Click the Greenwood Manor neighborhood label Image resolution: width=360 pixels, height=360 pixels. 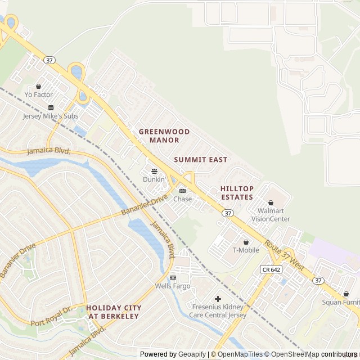coord(164,136)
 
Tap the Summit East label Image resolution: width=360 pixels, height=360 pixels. coord(201,160)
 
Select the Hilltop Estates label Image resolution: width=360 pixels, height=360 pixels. coord(237,193)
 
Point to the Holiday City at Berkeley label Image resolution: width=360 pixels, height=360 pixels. coord(114,312)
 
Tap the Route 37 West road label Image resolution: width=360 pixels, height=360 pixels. coord(284,255)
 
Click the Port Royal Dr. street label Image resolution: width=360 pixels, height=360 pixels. coord(52,319)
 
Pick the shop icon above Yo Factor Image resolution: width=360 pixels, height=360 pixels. coord(38,86)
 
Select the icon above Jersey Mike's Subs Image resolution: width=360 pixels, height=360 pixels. coord(51,107)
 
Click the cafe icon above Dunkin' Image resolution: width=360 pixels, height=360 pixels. coord(154,171)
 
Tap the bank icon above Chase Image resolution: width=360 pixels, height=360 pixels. coord(182,191)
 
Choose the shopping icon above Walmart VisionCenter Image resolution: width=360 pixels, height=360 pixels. coord(271,202)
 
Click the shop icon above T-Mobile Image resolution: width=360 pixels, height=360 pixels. coord(245,242)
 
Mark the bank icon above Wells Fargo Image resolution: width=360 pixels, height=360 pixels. coord(173,277)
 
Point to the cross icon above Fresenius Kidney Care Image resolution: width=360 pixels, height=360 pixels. coord(218,299)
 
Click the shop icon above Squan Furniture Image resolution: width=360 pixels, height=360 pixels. coord(346,294)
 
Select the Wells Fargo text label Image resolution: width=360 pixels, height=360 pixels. coord(173,286)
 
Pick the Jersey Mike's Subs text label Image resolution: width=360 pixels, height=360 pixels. coord(51,116)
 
